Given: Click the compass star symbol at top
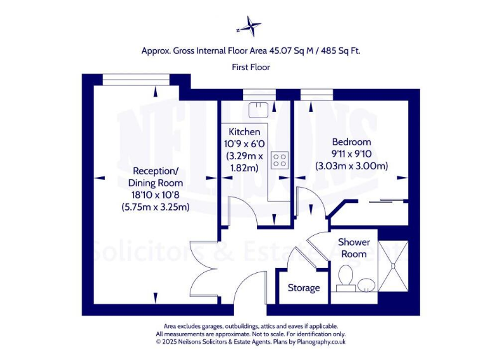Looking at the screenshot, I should [251, 27].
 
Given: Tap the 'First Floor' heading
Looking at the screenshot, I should [251, 67].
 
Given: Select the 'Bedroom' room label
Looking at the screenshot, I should [351, 142].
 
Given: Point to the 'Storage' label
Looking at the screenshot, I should [304, 288].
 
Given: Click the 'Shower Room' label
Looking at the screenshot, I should [354, 248].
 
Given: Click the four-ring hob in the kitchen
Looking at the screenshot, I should [279, 161].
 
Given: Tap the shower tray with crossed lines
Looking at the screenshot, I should [394, 266].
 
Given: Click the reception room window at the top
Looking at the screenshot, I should [136, 79].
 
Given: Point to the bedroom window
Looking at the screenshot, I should [316, 94].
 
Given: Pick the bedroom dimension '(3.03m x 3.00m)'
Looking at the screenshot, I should [351, 166].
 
